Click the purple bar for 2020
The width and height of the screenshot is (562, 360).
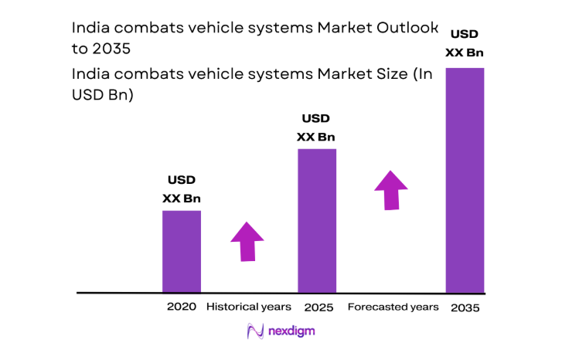pyautogui.click(x=181, y=252)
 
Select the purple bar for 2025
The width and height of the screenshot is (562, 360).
pyautogui.click(x=317, y=221)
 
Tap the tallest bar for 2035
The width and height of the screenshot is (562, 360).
pyautogui.click(x=465, y=181)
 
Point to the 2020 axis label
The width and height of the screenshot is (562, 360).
pyautogui.click(x=182, y=307)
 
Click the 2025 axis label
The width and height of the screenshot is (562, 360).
pyautogui.click(x=318, y=307)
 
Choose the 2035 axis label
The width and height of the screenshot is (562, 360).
pyautogui.click(x=465, y=307)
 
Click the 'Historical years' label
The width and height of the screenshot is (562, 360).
pyautogui.click(x=248, y=307)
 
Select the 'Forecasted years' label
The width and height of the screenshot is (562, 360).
pyautogui.click(x=393, y=307)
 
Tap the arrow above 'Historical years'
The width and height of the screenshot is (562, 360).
pyautogui.click(x=247, y=242)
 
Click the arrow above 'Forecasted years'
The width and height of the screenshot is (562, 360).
pyautogui.click(x=392, y=190)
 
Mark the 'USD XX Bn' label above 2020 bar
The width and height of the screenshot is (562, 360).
pyautogui.click(x=182, y=190)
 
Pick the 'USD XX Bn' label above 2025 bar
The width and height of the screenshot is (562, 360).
pyautogui.click(x=316, y=128)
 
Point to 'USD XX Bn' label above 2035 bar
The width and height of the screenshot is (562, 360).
pyautogui.click(x=465, y=43)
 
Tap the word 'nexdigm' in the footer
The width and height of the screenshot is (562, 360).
pyautogui.click(x=292, y=331)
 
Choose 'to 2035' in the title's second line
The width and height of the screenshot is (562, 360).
pyautogui.click(x=100, y=48)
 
